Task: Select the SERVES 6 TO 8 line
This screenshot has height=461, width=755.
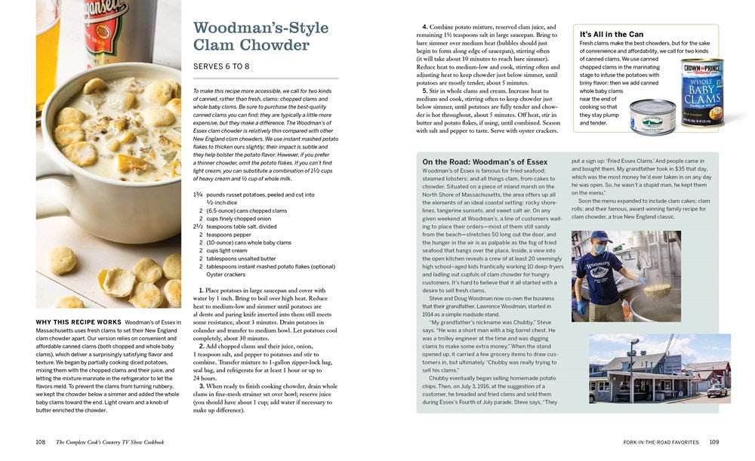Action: click(x=221, y=66)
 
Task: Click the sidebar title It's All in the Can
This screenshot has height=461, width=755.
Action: click(x=612, y=34)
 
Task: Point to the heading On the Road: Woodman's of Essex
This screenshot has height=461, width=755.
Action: click(x=485, y=161)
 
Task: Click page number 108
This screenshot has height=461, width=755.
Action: click(x=41, y=441)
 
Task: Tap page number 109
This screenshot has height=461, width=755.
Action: click(x=713, y=441)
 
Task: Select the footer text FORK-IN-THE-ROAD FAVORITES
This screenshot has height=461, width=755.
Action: click(x=661, y=441)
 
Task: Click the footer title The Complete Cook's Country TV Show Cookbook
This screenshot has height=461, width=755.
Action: click(x=110, y=441)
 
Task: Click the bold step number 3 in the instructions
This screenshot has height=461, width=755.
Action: click(x=202, y=386)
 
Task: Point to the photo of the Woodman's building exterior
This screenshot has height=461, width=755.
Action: click(x=659, y=368)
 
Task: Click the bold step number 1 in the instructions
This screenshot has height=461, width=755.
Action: click(x=202, y=290)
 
